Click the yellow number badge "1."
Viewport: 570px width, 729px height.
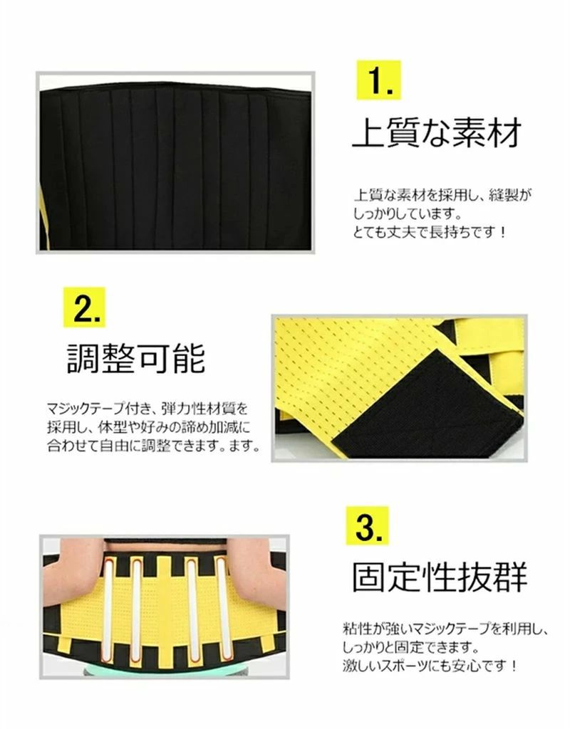tap(378, 80)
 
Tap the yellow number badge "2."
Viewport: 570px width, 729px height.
tap(85, 308)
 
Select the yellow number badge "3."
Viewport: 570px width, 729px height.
tap(367, 526)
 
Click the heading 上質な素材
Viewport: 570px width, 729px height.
tap(437, 132)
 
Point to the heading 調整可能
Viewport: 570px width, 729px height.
tap(136, 359)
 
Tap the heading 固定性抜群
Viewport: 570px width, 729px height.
tap(440, 577)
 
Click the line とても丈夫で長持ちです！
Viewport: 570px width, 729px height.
tap(430, 231)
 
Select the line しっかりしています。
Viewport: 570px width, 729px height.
tap(408, 214)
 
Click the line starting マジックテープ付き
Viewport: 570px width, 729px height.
tap(147, 409)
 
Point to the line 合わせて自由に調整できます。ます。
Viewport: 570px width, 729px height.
tap(154, 446)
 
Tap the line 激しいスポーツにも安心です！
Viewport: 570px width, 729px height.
tap(430, 666)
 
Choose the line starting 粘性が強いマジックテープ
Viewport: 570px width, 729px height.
tap(445, 629)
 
